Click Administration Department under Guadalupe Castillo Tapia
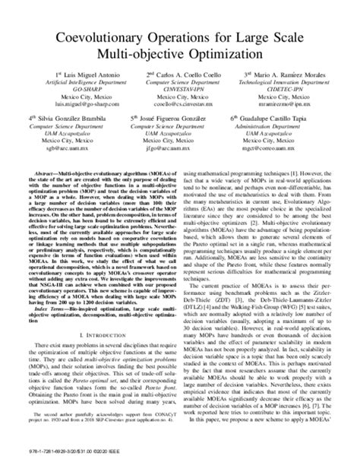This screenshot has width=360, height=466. click(282, 128)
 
